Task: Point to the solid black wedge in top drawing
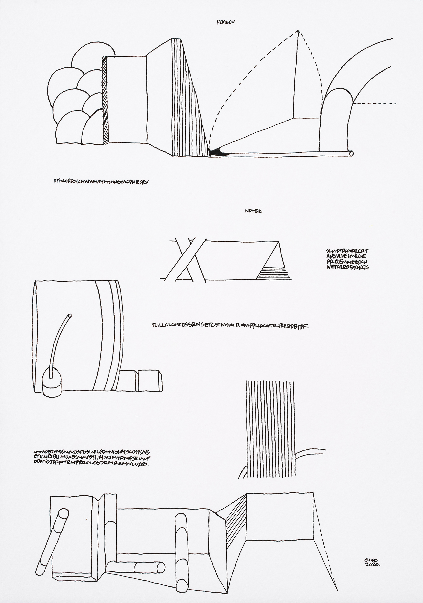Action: click(x=218, y=152)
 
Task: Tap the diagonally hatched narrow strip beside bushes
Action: click(x=105, y=100)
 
